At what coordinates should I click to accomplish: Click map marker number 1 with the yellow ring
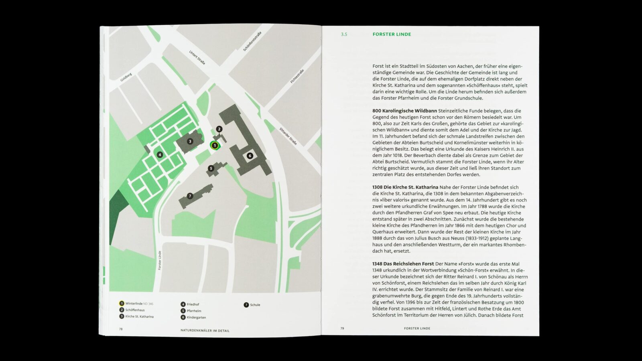[215, 146]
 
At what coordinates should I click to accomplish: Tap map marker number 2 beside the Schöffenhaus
[219, 129]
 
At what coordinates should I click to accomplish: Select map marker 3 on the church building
[190, 141]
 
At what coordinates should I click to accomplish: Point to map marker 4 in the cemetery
[160, 155]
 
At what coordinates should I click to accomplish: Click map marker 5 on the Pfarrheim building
[211, 168]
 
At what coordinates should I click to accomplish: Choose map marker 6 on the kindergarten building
[250, 156]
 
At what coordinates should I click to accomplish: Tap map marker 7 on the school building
[190, 196]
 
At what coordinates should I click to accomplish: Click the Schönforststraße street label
[252, 41]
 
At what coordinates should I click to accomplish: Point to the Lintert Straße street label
[197, 57]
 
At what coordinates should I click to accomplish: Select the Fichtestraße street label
[297, 76]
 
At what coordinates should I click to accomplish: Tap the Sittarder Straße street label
[288, 136]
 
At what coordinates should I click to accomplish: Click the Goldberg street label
[126, 77]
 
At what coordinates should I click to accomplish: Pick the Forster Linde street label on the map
[160, 260]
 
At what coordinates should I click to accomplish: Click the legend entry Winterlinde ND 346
[139, 304]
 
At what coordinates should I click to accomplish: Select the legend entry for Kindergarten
[196, 317]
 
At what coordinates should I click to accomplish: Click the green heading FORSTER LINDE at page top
[392, 34]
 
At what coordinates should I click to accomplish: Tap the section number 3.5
[344, 34]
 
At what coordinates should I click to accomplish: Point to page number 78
[121, 329]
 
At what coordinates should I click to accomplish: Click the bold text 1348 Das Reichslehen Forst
[403, 264]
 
